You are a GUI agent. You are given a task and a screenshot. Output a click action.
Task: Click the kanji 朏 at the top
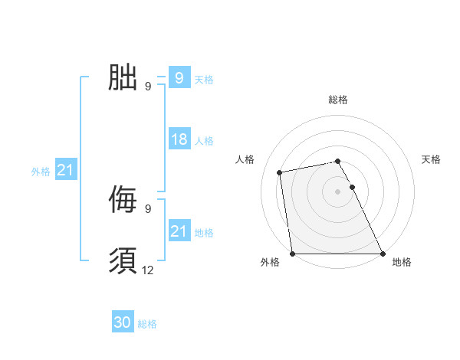pos(123,77)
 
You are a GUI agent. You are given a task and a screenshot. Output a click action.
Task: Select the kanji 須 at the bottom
pos(123,261)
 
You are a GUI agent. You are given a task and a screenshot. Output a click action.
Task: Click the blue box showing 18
pos(179,139)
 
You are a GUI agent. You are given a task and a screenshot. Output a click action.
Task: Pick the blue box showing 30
pos(123,322)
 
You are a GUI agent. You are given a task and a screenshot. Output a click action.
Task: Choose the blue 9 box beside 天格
pos(179,77)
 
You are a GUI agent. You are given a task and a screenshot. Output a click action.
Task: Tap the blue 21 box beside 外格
pos(65,170)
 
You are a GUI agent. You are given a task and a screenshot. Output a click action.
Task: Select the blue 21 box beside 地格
pos(179,231)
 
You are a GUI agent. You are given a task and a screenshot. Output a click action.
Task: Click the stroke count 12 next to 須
pos(148,270)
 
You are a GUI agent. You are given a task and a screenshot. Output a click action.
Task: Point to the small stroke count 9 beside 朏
pos(148,86)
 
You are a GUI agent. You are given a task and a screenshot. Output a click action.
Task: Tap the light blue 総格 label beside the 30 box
pos(147,324)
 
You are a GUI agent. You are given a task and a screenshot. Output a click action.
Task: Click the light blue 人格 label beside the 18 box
pos(204,141)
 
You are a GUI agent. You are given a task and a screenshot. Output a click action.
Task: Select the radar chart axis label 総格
pos(338,100)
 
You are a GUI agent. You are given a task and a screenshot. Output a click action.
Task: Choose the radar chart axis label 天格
pos(432,159)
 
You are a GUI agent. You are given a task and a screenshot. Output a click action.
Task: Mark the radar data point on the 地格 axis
pos(383,254)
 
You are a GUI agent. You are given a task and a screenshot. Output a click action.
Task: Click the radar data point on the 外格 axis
pos(293,254)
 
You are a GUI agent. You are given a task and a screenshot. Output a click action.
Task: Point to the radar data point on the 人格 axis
pos(280,172)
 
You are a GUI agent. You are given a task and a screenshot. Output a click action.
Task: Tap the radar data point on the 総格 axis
pos(338,161)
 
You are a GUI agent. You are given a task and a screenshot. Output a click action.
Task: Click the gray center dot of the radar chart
pos(338,191)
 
